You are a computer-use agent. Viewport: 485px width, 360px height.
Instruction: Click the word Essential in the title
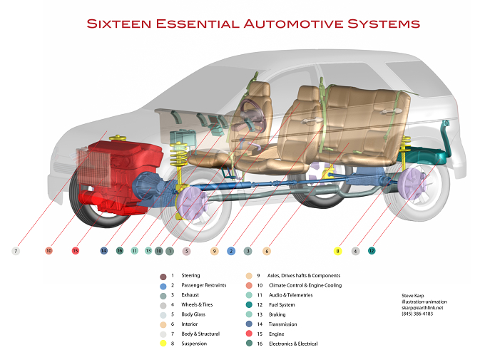point(198,24)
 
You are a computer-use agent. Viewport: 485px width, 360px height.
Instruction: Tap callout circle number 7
point(16,251)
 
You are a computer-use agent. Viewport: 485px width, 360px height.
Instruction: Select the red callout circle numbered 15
point(76,250)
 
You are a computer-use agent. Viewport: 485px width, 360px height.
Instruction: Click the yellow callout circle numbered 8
point(338,251)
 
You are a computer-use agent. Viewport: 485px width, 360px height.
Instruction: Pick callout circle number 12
point(372,250)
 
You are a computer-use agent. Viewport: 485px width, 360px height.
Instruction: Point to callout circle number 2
point(231,251)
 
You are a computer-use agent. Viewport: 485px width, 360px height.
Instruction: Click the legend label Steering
point(190,275)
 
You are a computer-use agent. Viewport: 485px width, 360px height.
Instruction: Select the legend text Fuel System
point(282,304)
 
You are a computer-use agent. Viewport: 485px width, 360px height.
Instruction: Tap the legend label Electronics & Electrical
point(293,344)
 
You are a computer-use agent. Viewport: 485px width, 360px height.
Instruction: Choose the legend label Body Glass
point(193,314)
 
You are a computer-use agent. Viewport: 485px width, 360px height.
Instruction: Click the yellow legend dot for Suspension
point(163,344)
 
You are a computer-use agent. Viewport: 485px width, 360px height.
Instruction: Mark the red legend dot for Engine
point(249,334)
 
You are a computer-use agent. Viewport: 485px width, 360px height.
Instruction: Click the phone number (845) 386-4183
point(417,314)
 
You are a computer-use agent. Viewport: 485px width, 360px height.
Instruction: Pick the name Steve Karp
point(413,296)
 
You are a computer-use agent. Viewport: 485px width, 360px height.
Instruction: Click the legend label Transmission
point(282,324)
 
